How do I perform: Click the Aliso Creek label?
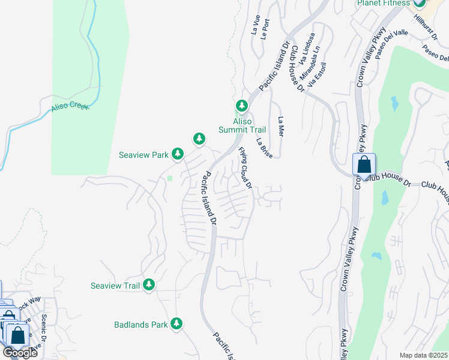click(70, 106)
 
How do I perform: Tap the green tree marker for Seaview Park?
click(178, 154)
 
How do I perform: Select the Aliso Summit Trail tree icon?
click(242, 106)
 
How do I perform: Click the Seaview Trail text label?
click(115, 286)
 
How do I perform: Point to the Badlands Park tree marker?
click(176, 324)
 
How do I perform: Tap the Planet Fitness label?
click(382, 3)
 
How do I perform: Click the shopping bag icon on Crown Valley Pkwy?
click(364, 164)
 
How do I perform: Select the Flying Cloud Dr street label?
click(244, 166)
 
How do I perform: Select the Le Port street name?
click(267, 25)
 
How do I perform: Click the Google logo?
click(20, 352)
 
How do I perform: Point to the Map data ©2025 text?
click(423, 355)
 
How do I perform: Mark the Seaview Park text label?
click(143, 155)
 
